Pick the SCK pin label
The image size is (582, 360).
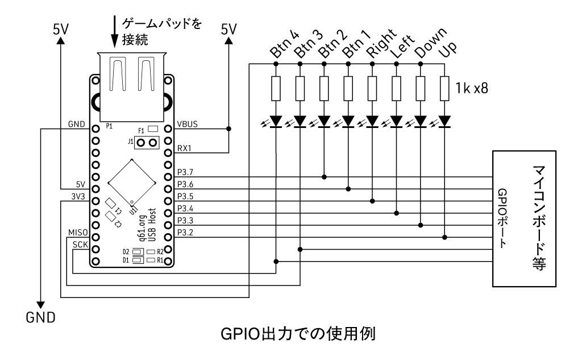pos(80,244)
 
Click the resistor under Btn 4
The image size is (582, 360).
pos(276,89)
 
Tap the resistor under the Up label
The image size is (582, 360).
pos(444,89)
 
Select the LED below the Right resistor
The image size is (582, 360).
pos(372,121)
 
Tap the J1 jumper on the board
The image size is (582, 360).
pos(147,142)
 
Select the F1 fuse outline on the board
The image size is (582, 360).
pos(152,129)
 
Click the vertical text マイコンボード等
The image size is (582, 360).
pos(539,219)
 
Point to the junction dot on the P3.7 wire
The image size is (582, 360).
pos(324,177)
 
